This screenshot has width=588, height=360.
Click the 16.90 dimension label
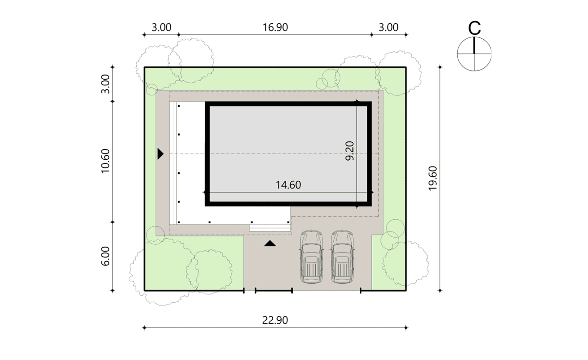(275, 27)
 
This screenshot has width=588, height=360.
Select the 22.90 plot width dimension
(275, 320)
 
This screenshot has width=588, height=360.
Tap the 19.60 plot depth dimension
(433, 178)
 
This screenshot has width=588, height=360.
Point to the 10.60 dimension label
(105, 161)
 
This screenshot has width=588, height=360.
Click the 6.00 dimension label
(105, 256)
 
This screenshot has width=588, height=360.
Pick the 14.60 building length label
(288, 185)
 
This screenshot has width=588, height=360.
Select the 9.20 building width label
(350, 151)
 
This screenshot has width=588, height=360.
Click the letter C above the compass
(475, 28)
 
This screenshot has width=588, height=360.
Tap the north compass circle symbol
(474, 54)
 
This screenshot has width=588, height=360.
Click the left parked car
(311, 257)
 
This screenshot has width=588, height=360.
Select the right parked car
(342, 257)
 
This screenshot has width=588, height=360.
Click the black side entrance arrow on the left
(160, 154)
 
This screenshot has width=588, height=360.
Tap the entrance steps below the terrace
(270, 228)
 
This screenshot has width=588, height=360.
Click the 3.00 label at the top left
(161, 27)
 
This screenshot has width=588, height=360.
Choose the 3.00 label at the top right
(388, 27)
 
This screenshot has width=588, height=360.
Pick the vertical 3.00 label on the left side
(105, 84)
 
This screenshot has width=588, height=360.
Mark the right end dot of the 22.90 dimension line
(406, 328)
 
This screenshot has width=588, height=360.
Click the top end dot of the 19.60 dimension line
(440, 67)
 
